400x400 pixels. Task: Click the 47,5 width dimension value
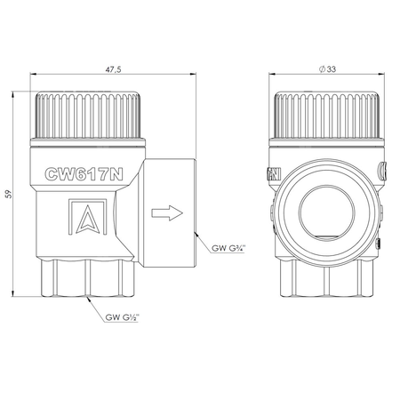114,69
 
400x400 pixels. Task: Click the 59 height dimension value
9,194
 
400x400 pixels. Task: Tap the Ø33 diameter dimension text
327,69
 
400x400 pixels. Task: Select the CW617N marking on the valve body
84,174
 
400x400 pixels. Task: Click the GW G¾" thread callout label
228,248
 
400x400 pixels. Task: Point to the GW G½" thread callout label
122,317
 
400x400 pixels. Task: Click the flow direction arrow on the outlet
167,212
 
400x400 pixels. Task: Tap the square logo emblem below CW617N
88,217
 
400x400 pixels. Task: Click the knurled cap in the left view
88,115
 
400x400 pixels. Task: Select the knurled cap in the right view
327,115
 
